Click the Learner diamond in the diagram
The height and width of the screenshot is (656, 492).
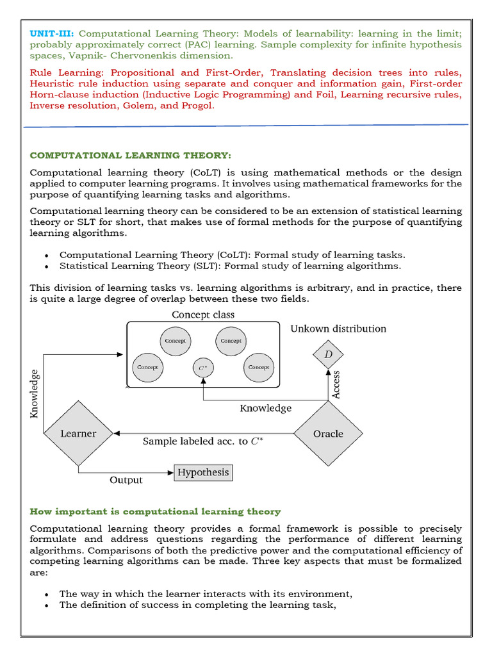point(78,434)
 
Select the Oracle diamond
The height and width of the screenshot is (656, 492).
point(328,434)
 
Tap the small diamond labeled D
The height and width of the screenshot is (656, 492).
point(328,354)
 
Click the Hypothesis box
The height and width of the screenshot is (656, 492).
point(202,473)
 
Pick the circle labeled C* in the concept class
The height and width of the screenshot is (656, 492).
point(203,368)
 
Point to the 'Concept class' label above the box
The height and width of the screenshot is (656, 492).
point(203,315)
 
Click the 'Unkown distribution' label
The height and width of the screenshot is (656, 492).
point(338,329)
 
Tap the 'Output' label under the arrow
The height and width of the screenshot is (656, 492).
point(126,480)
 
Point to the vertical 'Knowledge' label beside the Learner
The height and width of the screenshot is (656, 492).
point(35,393)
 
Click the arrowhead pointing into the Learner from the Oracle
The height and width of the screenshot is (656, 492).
point(117,434)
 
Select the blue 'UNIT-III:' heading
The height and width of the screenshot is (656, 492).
point(52,33)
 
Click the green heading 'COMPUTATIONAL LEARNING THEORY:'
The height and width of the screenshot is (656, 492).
point(130,156)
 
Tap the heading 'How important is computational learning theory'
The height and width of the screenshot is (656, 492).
point(155,511)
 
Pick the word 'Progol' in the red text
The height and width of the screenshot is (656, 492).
point(197,106)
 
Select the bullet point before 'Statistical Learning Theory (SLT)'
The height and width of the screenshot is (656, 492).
point(47,266)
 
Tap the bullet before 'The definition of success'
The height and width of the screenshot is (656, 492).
point(47,605)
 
